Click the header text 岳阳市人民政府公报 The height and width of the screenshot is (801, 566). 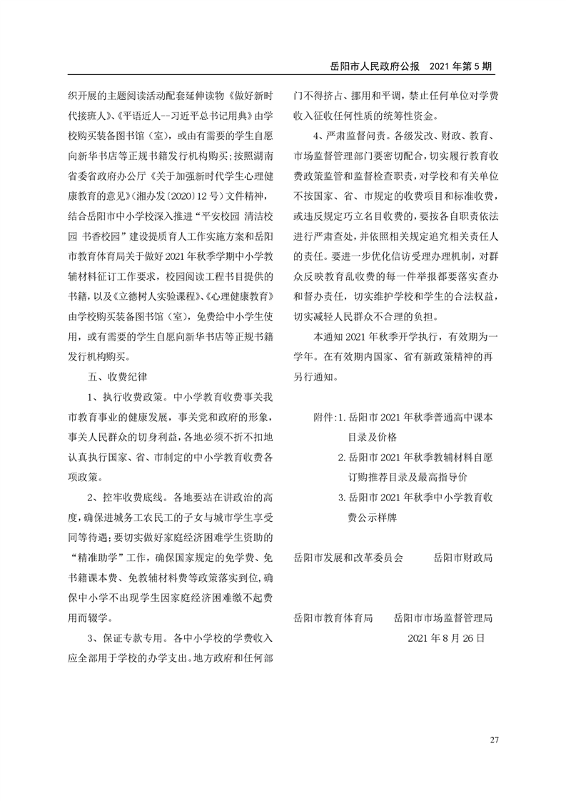pos(376,65)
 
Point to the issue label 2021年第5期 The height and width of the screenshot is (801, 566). pos(462,65)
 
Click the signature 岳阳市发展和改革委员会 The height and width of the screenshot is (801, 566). pos(349,556)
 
